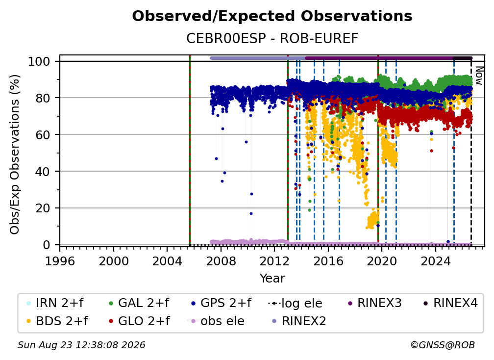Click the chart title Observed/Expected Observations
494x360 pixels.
tap(272, 16)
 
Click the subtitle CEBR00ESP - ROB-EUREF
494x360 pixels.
tap(272, 38)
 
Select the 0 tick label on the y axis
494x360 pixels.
tap(46, 245)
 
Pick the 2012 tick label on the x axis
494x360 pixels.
tap(274, 261)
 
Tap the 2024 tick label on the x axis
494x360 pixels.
tap(435, 261)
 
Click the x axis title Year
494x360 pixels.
tap(272, 279)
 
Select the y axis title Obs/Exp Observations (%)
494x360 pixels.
tap(15, 154)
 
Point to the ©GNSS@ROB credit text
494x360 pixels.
tap(443, 345)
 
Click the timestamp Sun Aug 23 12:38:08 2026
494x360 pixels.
tap(81, 345)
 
